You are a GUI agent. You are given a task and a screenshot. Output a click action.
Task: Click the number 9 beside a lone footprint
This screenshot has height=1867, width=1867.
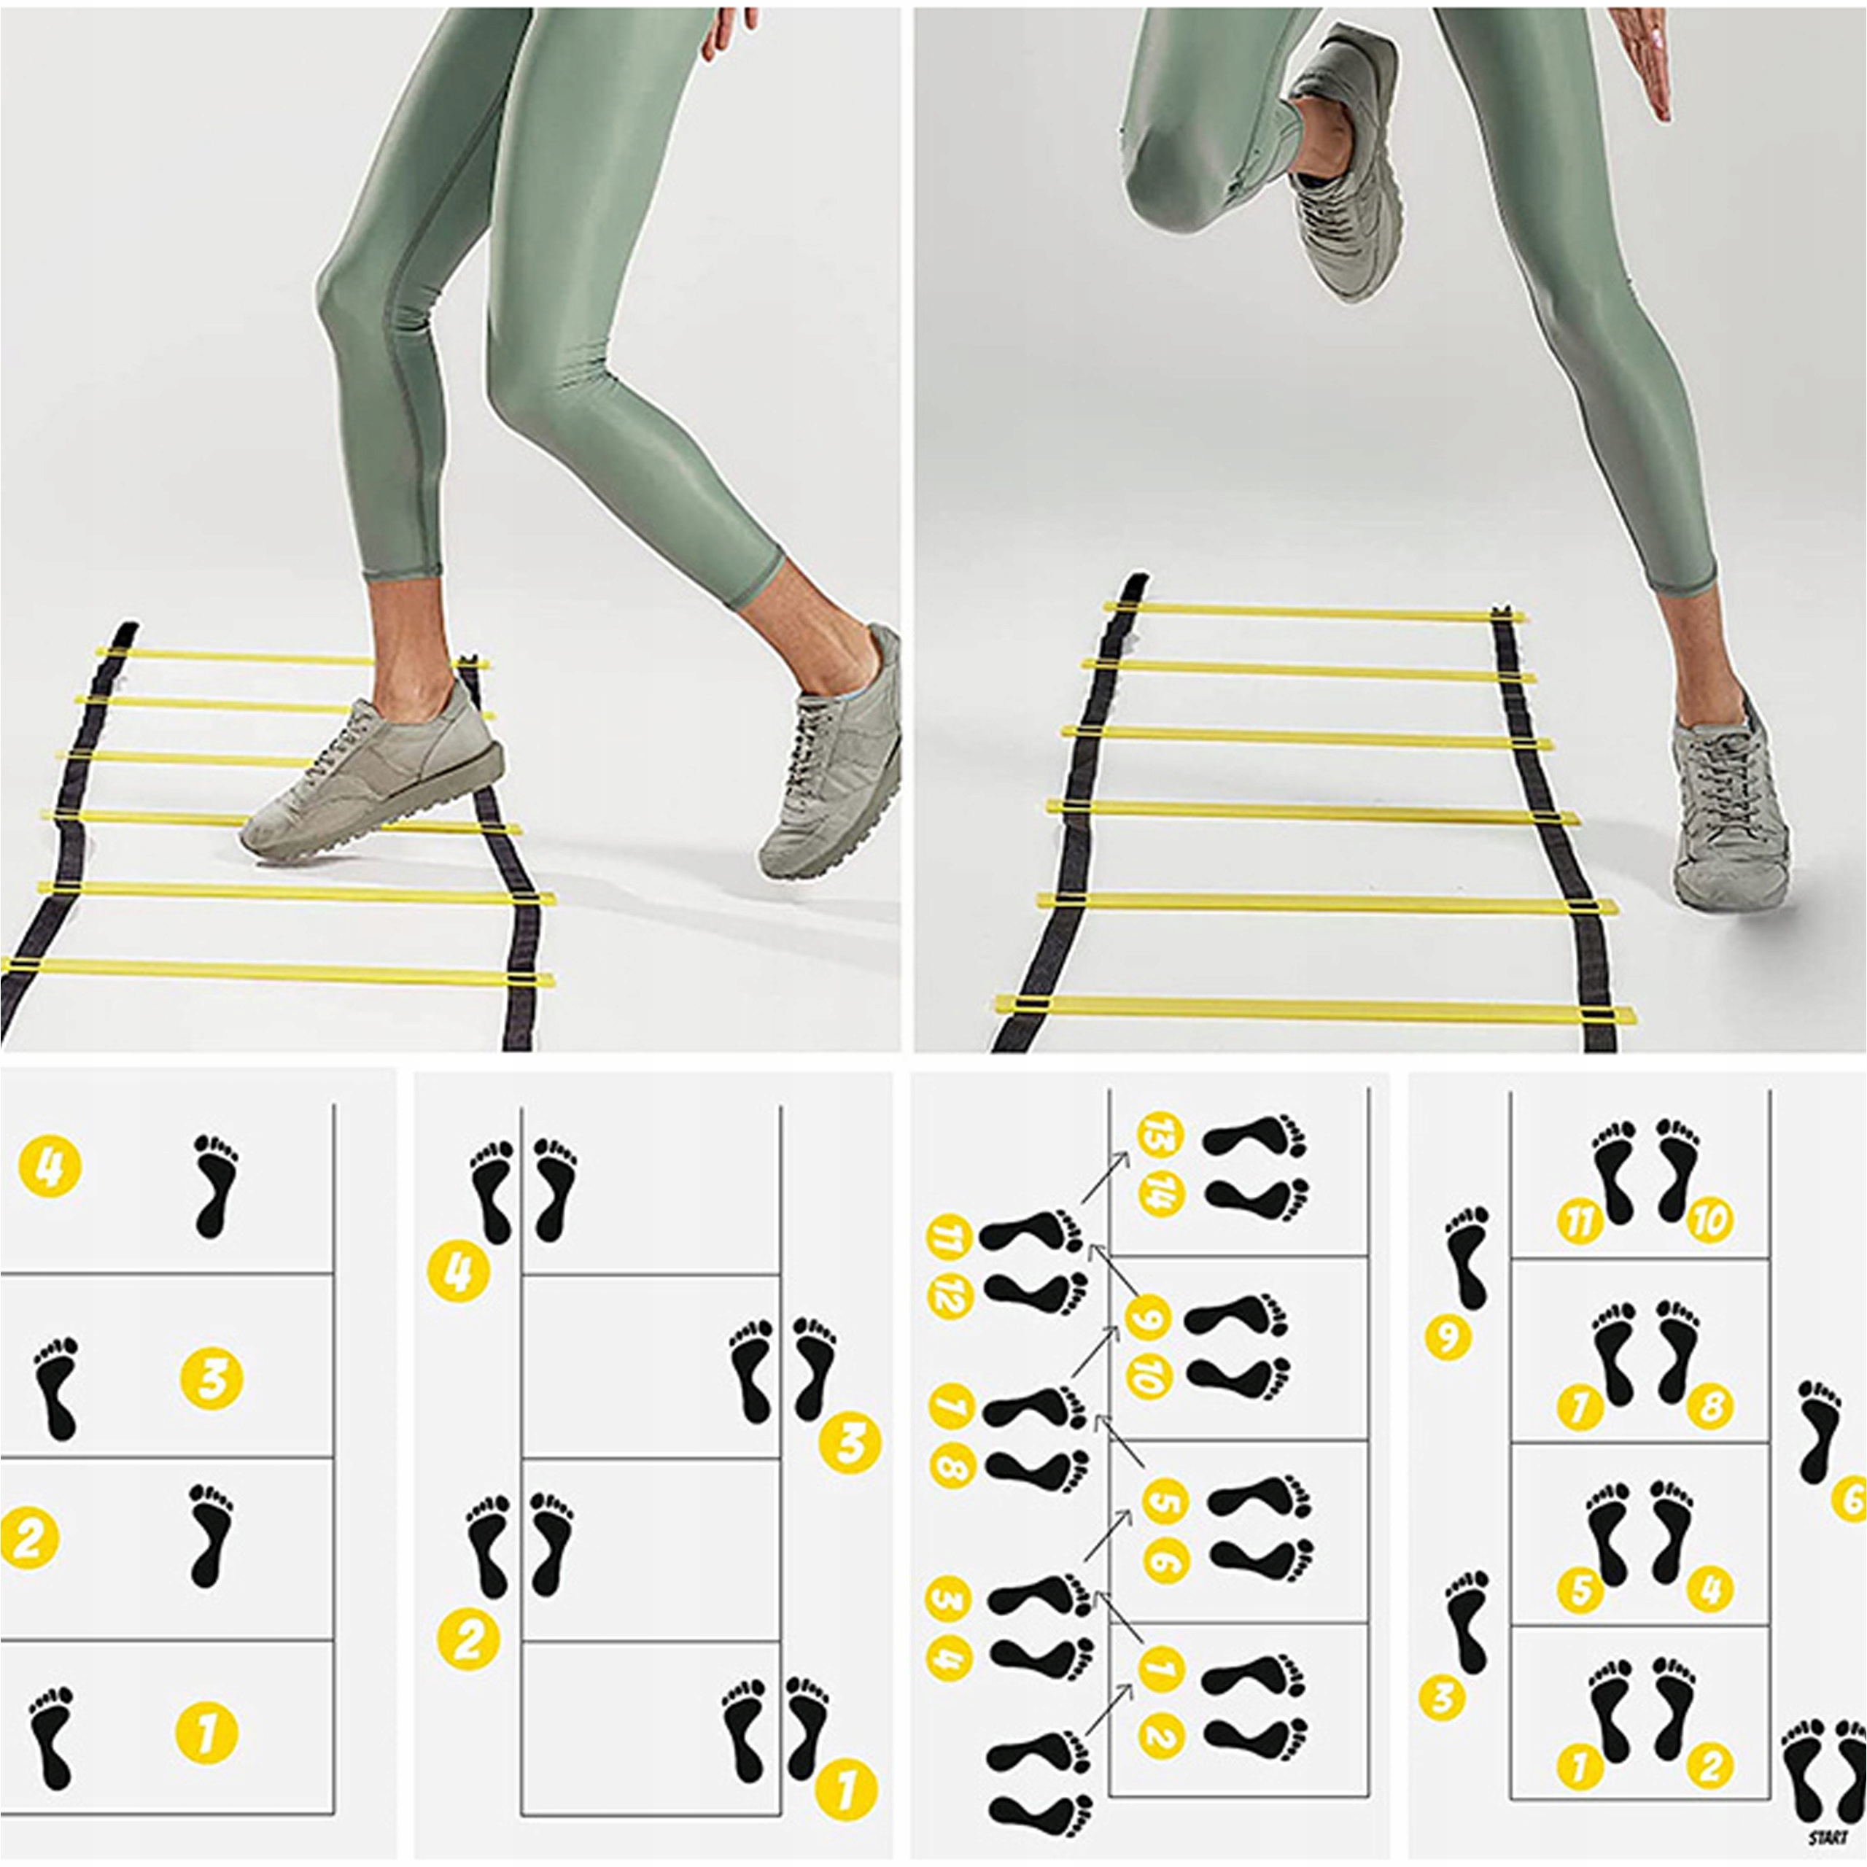click(1447, 1338)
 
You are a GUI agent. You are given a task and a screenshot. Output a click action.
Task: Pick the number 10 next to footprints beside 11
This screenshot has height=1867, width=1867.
click(1709, 1222)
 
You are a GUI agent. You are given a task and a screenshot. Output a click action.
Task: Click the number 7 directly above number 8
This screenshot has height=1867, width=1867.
click(951, 1405)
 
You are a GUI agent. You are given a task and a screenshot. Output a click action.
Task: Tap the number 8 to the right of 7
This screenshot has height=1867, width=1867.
click(1709, 1407)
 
